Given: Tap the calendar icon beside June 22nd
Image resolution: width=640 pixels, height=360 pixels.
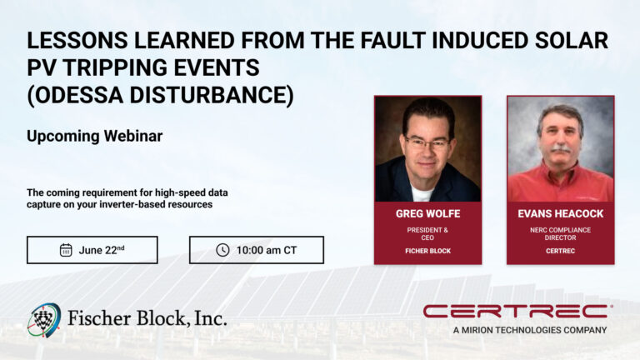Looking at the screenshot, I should [66, 250].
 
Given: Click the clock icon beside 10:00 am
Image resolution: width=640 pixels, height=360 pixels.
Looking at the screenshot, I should [222, 250].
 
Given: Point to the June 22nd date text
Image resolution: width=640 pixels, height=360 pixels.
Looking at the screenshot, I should [101, 250].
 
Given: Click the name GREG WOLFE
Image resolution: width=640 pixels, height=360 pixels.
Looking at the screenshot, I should [427, 214].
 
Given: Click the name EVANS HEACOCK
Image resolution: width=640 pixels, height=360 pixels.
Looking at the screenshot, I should [560, 214].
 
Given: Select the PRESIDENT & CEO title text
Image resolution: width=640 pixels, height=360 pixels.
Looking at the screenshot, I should [427, 232].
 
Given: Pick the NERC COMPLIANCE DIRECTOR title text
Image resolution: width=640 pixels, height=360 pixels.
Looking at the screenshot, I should [560, 232].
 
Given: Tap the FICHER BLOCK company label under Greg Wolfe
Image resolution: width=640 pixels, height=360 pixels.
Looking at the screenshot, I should [427, 251].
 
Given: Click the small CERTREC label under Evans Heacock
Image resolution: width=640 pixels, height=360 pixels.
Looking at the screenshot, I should [560, 251].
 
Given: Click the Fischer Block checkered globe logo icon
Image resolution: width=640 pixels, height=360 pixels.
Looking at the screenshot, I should [44, 319].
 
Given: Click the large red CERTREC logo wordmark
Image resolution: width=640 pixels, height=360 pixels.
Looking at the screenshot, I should [515, 312].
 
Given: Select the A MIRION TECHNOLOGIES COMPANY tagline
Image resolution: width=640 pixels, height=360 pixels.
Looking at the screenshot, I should [530, 330].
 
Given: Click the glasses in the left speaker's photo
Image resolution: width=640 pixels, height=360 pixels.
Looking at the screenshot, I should [427, 143].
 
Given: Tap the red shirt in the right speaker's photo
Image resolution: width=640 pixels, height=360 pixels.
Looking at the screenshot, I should [560, 185].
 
